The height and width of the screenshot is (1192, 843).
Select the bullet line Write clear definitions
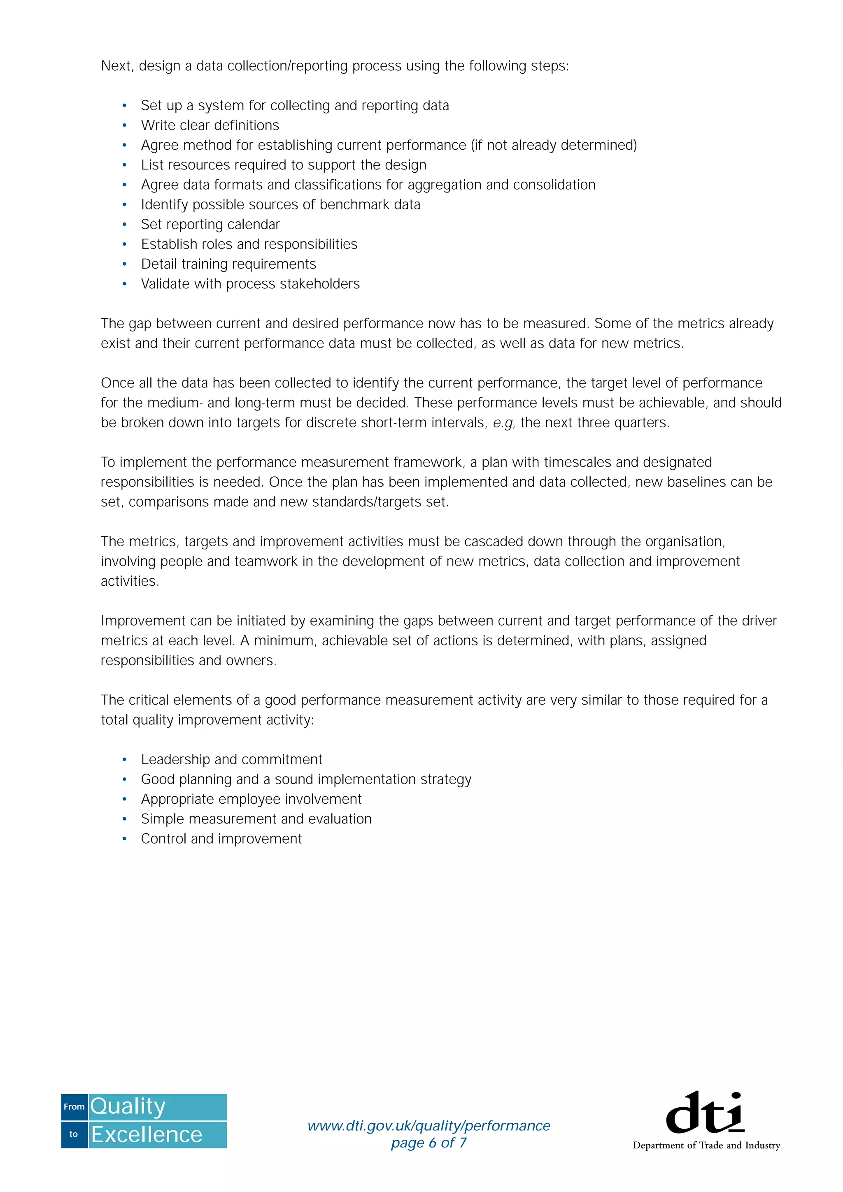click(210, 125)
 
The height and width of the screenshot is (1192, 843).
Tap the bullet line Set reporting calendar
click(210, 224)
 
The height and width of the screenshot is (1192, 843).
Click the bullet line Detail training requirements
click(228, 264)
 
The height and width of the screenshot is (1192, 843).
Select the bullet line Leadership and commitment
click(232, 760)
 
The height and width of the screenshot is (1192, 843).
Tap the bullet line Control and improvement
click(221, 839)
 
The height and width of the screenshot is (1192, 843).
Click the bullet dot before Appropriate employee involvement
click(125, 800)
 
